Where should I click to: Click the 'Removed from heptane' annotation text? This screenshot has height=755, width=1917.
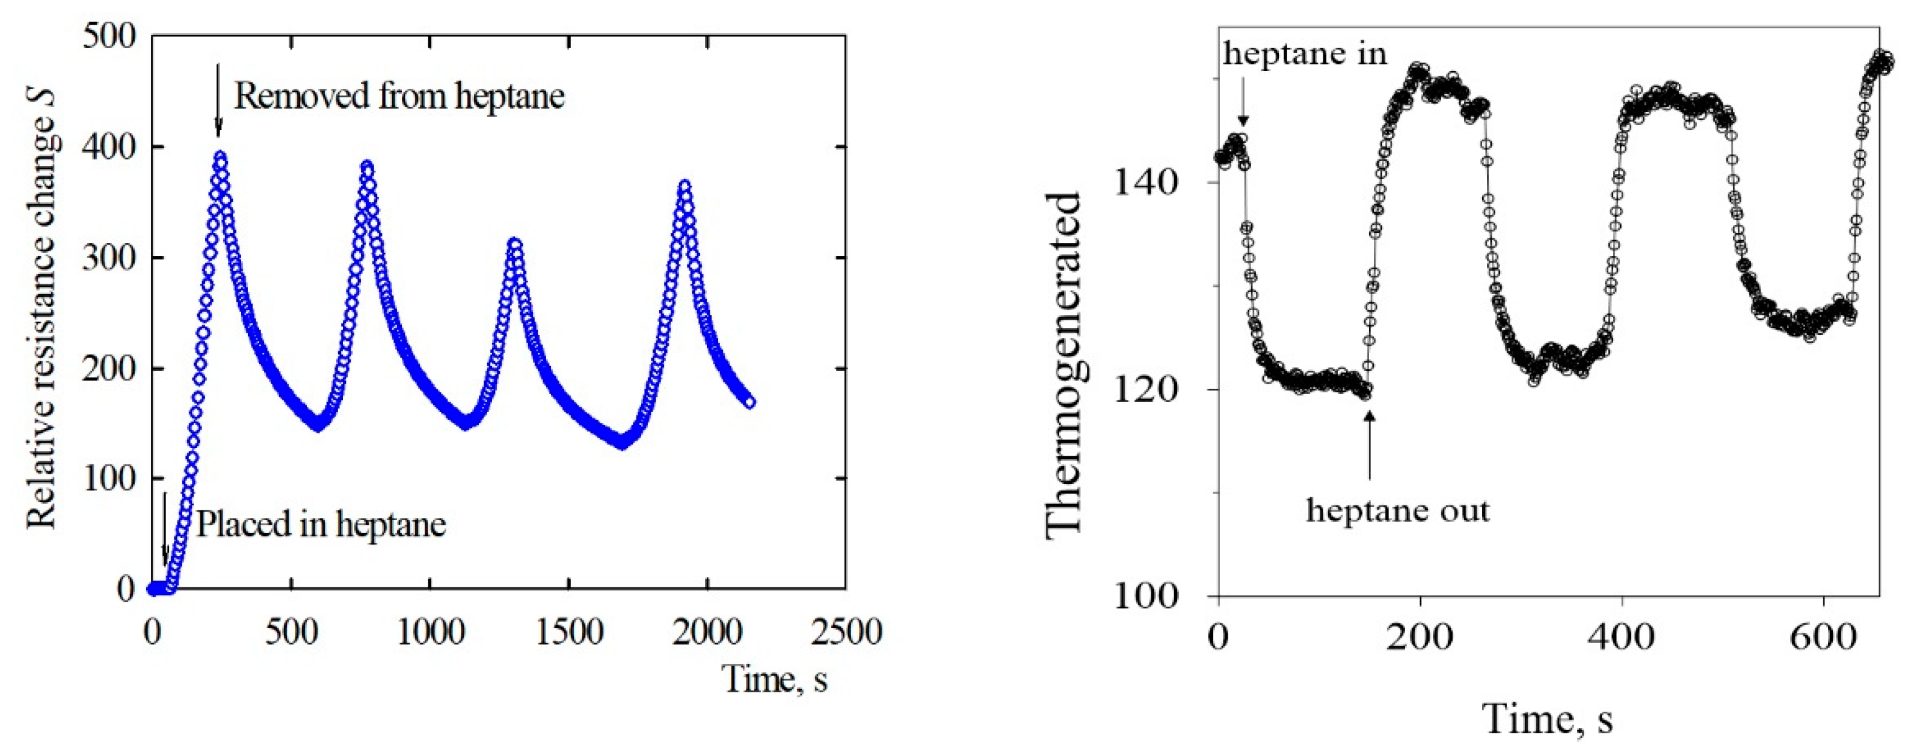pyautogui.click(x=399, y=97)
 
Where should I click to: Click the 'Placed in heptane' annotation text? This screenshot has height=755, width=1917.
pyautogui.click(x=321, y=524)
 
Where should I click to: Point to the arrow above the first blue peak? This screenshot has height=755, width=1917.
pyautogui.click(x=218, y=100)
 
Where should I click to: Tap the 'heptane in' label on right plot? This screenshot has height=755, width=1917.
pyautogui.click(x=1305, y=53)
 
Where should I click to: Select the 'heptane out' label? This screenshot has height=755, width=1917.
pyautogui.click(x=1397, y=510)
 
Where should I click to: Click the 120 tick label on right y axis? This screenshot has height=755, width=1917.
pyautogui.click(x=1146, y=389)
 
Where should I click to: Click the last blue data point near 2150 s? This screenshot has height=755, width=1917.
pyautogui.click(x=749, y=402)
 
